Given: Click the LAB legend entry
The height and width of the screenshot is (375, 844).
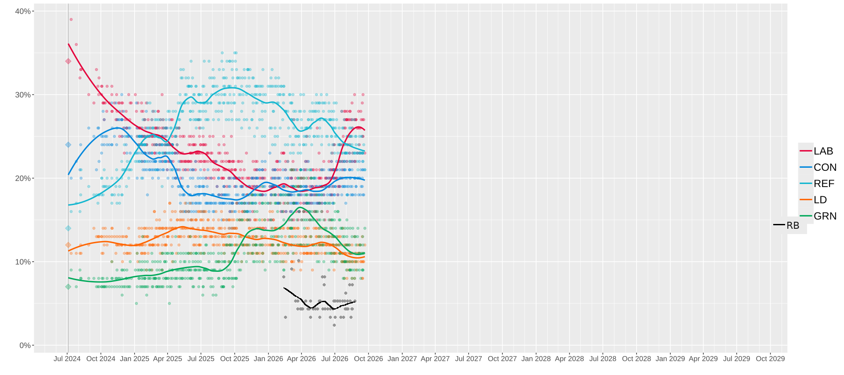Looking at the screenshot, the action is (x=816, y=151).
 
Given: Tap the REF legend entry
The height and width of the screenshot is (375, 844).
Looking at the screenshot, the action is (x=817, y=184).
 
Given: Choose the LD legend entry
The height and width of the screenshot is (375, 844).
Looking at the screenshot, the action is (x=813, y=200).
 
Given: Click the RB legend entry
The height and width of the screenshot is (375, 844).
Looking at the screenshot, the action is (x=786, y=225).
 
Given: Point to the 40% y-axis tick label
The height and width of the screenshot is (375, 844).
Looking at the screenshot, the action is (x=23, y=11).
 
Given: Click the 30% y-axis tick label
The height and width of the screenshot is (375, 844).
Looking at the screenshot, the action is (x=23, y=95).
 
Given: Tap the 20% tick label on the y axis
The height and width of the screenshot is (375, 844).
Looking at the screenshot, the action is (x=23, y=178).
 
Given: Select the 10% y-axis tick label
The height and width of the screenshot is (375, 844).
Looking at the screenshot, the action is (x=23, y=262).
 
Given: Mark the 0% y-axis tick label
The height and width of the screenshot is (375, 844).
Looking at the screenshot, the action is (x=25, y=346).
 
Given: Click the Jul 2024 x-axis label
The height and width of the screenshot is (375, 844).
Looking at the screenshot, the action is (x=67, y=359).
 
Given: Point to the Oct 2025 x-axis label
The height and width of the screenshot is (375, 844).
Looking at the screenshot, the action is (x=235, y=359).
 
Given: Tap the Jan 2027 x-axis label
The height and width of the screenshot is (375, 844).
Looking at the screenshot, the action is (x=402, y=359).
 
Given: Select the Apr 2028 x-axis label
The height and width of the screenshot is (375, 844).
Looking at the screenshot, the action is (x=569, y=359).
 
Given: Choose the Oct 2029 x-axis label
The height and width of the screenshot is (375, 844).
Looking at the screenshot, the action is (x=770, y=359).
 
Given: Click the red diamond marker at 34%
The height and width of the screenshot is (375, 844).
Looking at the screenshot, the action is (x=68, y=61).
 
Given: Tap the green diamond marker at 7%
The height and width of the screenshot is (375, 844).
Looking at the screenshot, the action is (x=68, y=287).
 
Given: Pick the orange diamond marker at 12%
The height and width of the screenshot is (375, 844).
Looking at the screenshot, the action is (x=68, y=245).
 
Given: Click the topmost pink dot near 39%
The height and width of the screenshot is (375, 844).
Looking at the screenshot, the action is (x=71, y=19).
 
